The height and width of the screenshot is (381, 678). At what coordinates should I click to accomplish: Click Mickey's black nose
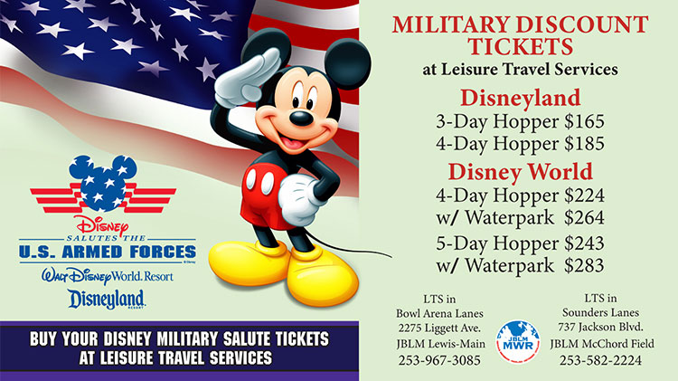click(301, 118)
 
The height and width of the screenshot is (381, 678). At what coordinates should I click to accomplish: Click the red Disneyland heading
click(520, 98)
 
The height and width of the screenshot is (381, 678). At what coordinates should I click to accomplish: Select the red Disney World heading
click(520, 171)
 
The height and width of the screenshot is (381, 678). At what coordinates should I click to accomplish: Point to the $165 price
click(584, 121)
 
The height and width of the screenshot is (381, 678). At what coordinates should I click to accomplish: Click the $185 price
click(584, 144)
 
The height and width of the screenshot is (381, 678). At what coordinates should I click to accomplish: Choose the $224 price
click(584, 195)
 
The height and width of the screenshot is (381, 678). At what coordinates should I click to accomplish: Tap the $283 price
click(584, 265)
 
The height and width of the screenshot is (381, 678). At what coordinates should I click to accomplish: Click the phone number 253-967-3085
click(439, 360)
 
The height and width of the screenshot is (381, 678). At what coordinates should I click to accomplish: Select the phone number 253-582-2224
click(600, 360)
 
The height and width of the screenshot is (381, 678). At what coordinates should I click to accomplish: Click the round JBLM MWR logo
click(518, 341)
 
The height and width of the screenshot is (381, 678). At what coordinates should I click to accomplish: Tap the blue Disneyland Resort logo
click(107, 300)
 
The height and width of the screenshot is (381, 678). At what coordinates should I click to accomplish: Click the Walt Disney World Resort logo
click(108, 276)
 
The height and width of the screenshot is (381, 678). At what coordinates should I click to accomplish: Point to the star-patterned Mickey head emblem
click(103, 184)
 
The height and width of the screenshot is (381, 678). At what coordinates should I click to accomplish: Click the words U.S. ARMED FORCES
click(108, 252)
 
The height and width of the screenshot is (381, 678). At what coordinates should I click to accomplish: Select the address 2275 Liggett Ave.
click(439, 328)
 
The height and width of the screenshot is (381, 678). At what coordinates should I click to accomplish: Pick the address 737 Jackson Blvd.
click(600, 327)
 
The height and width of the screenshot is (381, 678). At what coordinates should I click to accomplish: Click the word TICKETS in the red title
click(520, 46)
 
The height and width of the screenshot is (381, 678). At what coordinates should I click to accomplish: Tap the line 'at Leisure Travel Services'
click(520, 70)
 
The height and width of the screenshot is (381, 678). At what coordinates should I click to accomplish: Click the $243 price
click(584, 243)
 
